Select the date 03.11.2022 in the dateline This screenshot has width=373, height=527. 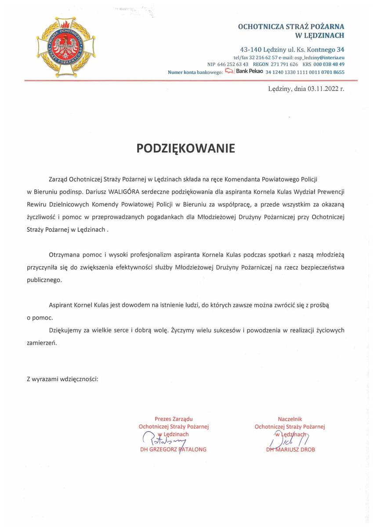323,89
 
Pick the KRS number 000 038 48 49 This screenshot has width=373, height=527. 329,64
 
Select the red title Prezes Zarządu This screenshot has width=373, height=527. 174,419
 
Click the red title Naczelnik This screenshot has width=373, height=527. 290,419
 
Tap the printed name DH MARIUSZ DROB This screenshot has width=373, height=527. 290,450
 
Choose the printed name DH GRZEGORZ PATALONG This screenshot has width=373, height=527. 173,450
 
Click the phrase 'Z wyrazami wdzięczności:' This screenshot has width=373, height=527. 62,378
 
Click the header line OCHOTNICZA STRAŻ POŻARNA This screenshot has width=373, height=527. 291,26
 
